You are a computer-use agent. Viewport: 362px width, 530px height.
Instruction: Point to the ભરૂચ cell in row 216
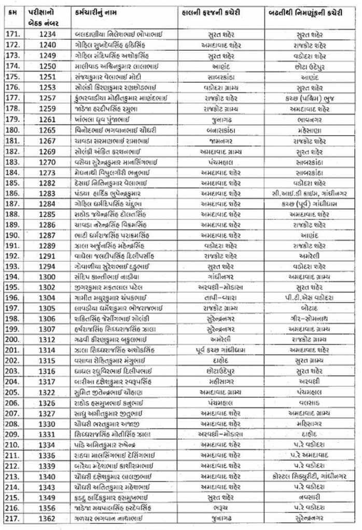(x=217, y=508)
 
